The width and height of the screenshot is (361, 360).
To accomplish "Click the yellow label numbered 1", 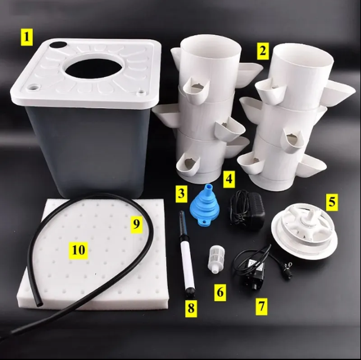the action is [x=27, y=37].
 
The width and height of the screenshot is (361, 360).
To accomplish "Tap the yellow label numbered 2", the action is [x=263, y=51].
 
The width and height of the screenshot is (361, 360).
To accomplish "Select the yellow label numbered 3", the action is [x=181, y=194].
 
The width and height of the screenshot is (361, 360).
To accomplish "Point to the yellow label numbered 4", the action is [x=229, y=179].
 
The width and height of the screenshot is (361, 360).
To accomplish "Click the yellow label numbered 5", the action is [x=332, y=202].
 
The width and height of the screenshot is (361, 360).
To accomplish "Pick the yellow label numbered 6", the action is [x=220, y=292].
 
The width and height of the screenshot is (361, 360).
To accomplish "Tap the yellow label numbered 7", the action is [x=261, y=306].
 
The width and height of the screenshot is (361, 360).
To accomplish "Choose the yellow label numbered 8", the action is [x=191, y=308].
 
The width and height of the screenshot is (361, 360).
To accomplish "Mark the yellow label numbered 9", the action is [x=137, y=225].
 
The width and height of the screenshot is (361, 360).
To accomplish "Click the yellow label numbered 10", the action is [x=78, y=250].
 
